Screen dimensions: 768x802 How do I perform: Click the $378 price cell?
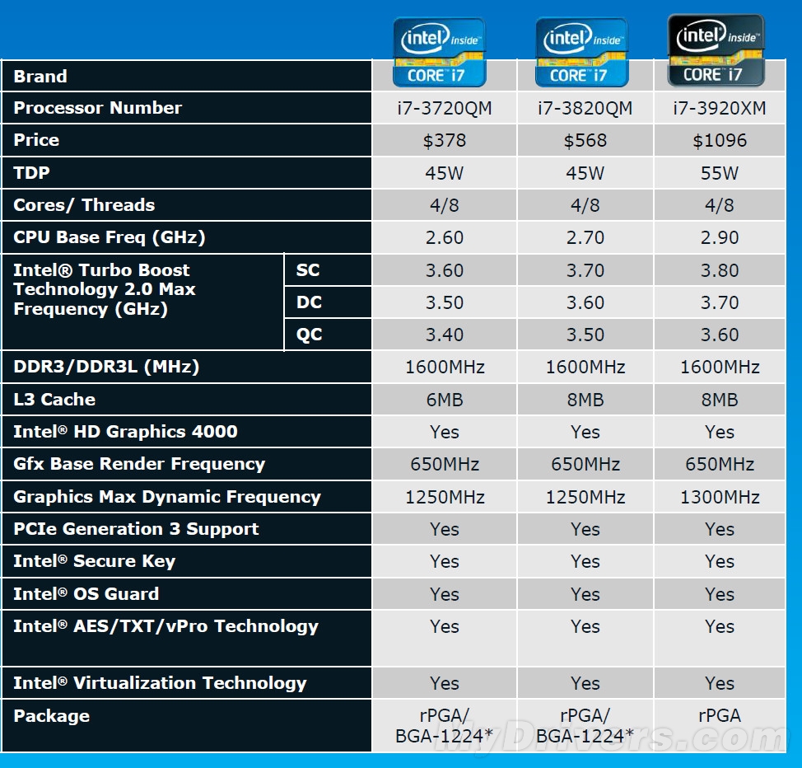pos(444,140)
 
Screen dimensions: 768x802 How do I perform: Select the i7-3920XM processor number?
pos(720,108)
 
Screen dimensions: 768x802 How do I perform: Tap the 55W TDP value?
pos(720,173)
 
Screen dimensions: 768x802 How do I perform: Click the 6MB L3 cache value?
pos(444,400)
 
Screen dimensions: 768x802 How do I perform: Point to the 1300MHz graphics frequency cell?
pos(720,497)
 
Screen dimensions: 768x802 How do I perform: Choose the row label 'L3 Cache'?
pos(54,400)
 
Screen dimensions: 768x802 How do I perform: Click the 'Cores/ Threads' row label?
pos(84,205)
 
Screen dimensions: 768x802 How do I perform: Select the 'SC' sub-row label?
pos(308,270)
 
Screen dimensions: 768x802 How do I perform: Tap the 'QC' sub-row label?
pos(309,335)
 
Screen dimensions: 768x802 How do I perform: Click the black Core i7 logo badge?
pos(715,50)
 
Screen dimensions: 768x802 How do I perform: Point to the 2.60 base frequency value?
pos(444,237)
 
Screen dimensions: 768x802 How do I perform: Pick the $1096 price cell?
pos(720,140)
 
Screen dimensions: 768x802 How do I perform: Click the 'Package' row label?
pos(51,716)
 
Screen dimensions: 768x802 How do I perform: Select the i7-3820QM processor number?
pos(585,108)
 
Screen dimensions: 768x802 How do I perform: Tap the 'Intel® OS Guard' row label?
pos(86,594)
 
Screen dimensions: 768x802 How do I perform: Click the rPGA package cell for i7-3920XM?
pos(720,716)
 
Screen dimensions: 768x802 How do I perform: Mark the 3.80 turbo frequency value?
pos(720,270)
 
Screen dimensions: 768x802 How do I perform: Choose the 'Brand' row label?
pos(40,77)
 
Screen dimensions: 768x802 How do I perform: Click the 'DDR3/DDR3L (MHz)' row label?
pos(106,367)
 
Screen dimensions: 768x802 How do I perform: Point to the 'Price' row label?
pos(36,140)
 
